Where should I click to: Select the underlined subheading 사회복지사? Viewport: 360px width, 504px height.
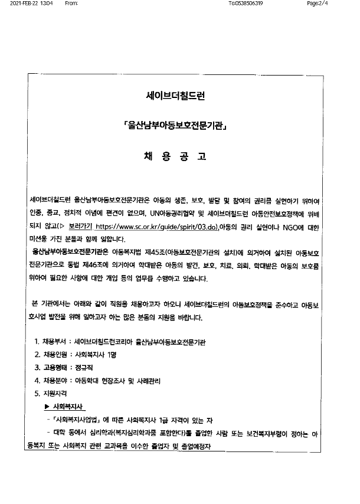[69, 407]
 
